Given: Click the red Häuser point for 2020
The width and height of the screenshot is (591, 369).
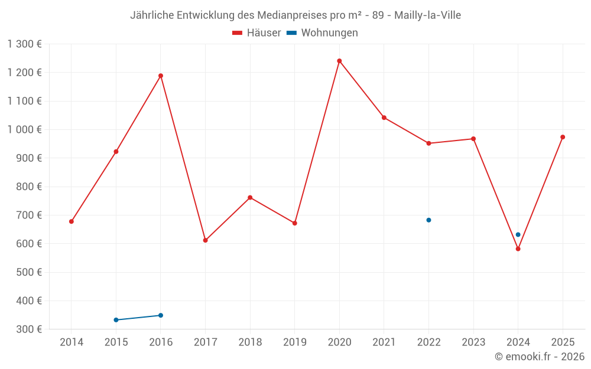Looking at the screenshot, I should coord(339,61).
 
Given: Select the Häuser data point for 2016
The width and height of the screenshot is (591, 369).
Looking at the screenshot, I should coord(161,76).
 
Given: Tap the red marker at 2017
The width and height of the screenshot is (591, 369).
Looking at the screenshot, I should coord(205,240).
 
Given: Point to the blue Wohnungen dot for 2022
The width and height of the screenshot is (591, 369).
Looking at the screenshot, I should coord(428,220).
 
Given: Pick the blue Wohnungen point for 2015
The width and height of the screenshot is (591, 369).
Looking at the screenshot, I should coord(116,320).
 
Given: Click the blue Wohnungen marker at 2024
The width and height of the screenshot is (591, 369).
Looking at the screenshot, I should coord(518,234).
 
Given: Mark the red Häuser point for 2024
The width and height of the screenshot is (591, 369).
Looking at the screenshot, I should coord(518,249).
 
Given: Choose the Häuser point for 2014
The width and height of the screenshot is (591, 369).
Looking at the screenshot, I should coord(72,221).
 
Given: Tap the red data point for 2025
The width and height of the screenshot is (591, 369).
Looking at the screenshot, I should coord(563,137).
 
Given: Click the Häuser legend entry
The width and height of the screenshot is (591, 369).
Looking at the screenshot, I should coord(257,33).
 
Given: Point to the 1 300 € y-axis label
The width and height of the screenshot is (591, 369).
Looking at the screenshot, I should coord(25,44).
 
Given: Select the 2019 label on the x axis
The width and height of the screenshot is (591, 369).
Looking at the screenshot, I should coord(295,342).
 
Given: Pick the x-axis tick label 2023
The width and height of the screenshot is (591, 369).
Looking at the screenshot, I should coord(473,342).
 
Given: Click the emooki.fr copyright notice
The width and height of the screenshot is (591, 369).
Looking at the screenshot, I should coord(539,357).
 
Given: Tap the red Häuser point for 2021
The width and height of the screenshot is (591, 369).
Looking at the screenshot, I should coord(384,117).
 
